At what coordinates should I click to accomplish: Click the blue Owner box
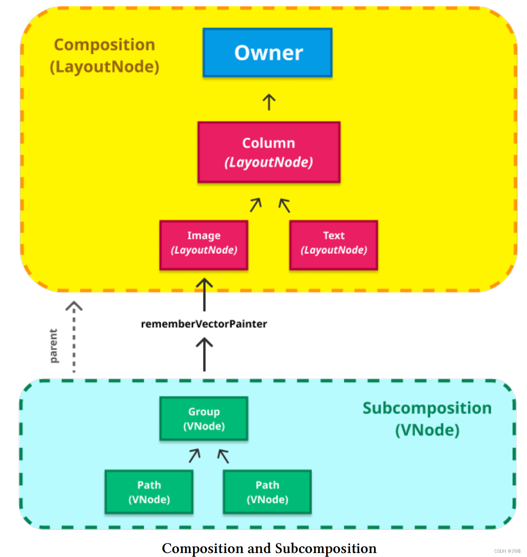click(268, 53)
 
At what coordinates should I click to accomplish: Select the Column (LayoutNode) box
click(269, 152)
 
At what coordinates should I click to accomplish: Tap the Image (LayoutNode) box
click(204, 245)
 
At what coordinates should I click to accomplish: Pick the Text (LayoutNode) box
click(334, 245)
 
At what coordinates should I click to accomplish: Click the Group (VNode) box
click(204, 418)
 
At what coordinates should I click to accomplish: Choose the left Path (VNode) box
click(149, 492)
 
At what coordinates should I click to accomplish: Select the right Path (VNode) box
click(267, 492)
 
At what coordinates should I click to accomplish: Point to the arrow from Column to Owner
click(269, 102)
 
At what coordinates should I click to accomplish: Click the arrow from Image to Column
click(256, 205)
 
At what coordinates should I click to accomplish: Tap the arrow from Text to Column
click(284, 205)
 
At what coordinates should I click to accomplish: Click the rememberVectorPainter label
click(204, 324)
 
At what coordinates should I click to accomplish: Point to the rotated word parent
click(53, 346)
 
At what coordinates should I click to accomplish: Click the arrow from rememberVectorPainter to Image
click(204, 295)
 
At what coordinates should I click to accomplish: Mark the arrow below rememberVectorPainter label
click(204, 354)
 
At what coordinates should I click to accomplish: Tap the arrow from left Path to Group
click(194, 455)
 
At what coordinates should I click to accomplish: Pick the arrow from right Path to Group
click(223, 456)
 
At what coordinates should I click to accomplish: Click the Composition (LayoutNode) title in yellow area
click(105, 55)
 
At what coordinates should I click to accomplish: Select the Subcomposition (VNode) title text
click(427, 419)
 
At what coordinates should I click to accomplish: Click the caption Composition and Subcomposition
click(269, 548)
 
